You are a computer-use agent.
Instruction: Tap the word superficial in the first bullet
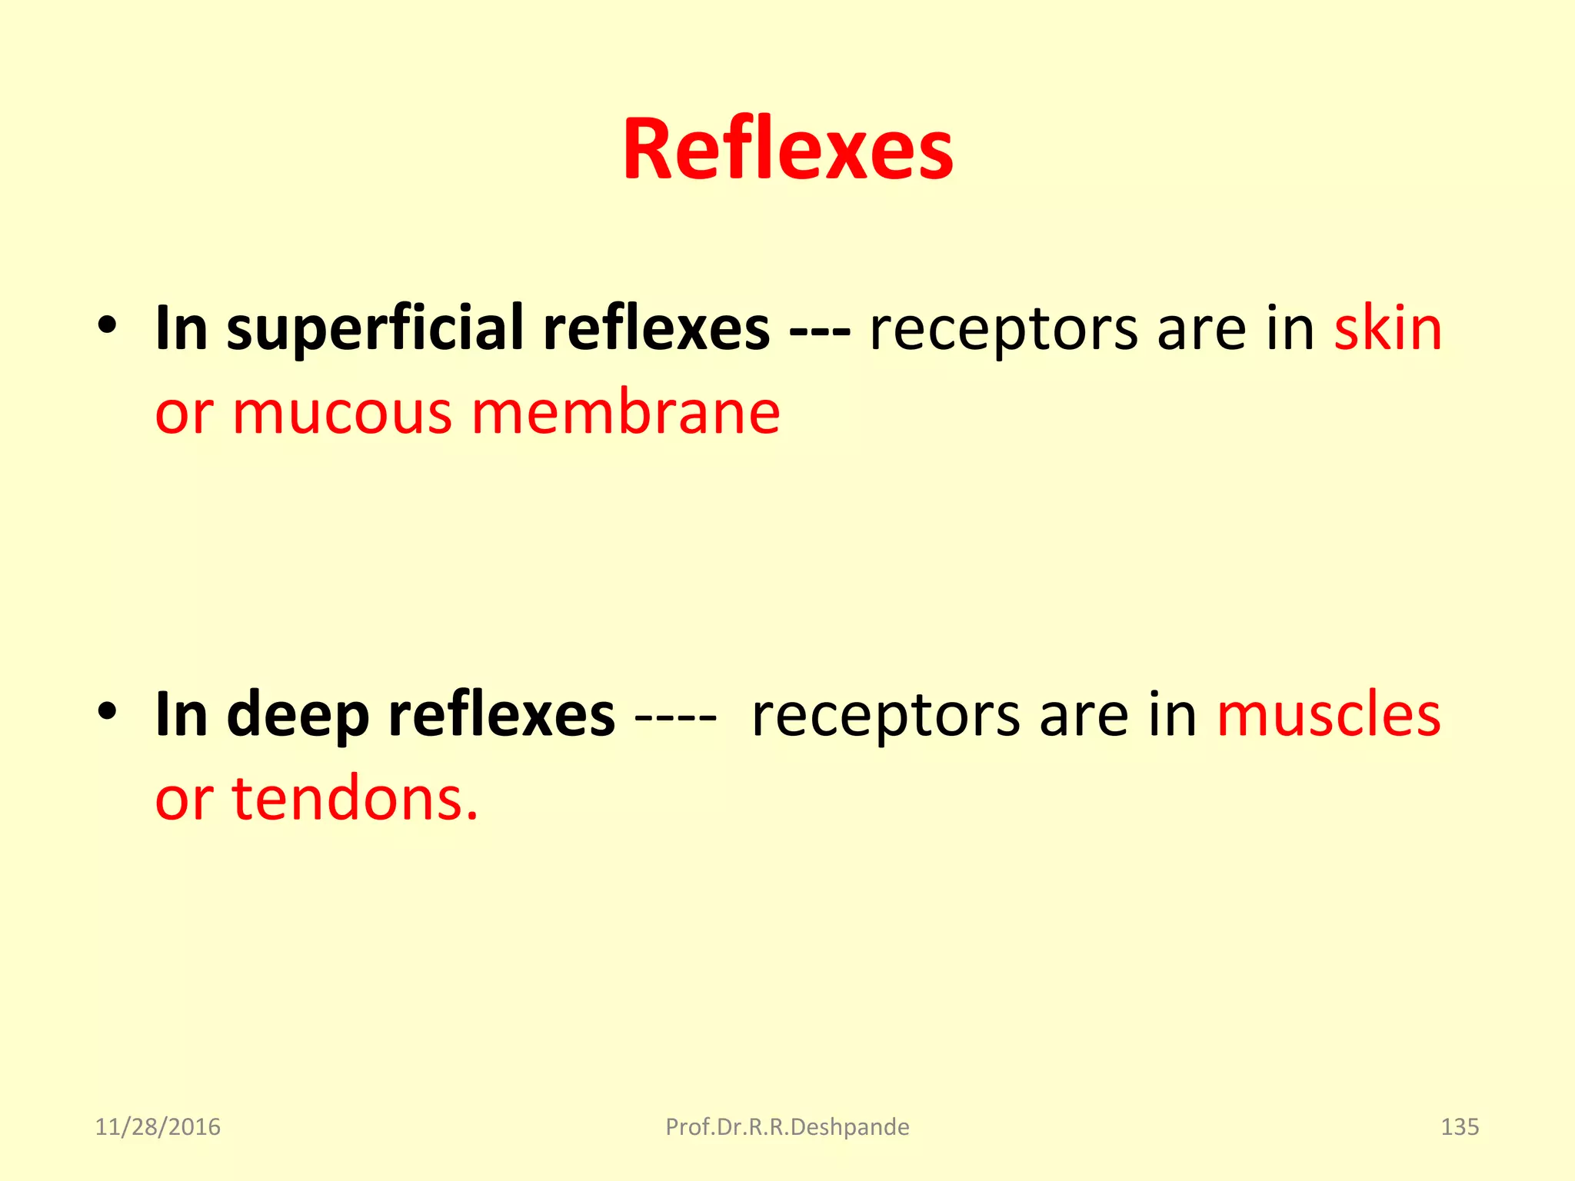tap(375, 329)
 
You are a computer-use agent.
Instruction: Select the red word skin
tap(1387, 329)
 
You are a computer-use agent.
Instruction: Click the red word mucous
tap(342, 414)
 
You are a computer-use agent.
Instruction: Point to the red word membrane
tap(626, 414)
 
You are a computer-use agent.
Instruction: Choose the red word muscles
tap(1328, 715)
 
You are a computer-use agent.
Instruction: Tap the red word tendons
tap(355, 800)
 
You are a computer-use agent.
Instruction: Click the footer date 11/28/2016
tap(158, 1127)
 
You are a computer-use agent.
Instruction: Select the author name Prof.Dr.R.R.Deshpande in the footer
tap(787, 1127)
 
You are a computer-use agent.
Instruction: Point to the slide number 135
tap(1459, 1127)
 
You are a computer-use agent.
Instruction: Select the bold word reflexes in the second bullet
tap(501, 715)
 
